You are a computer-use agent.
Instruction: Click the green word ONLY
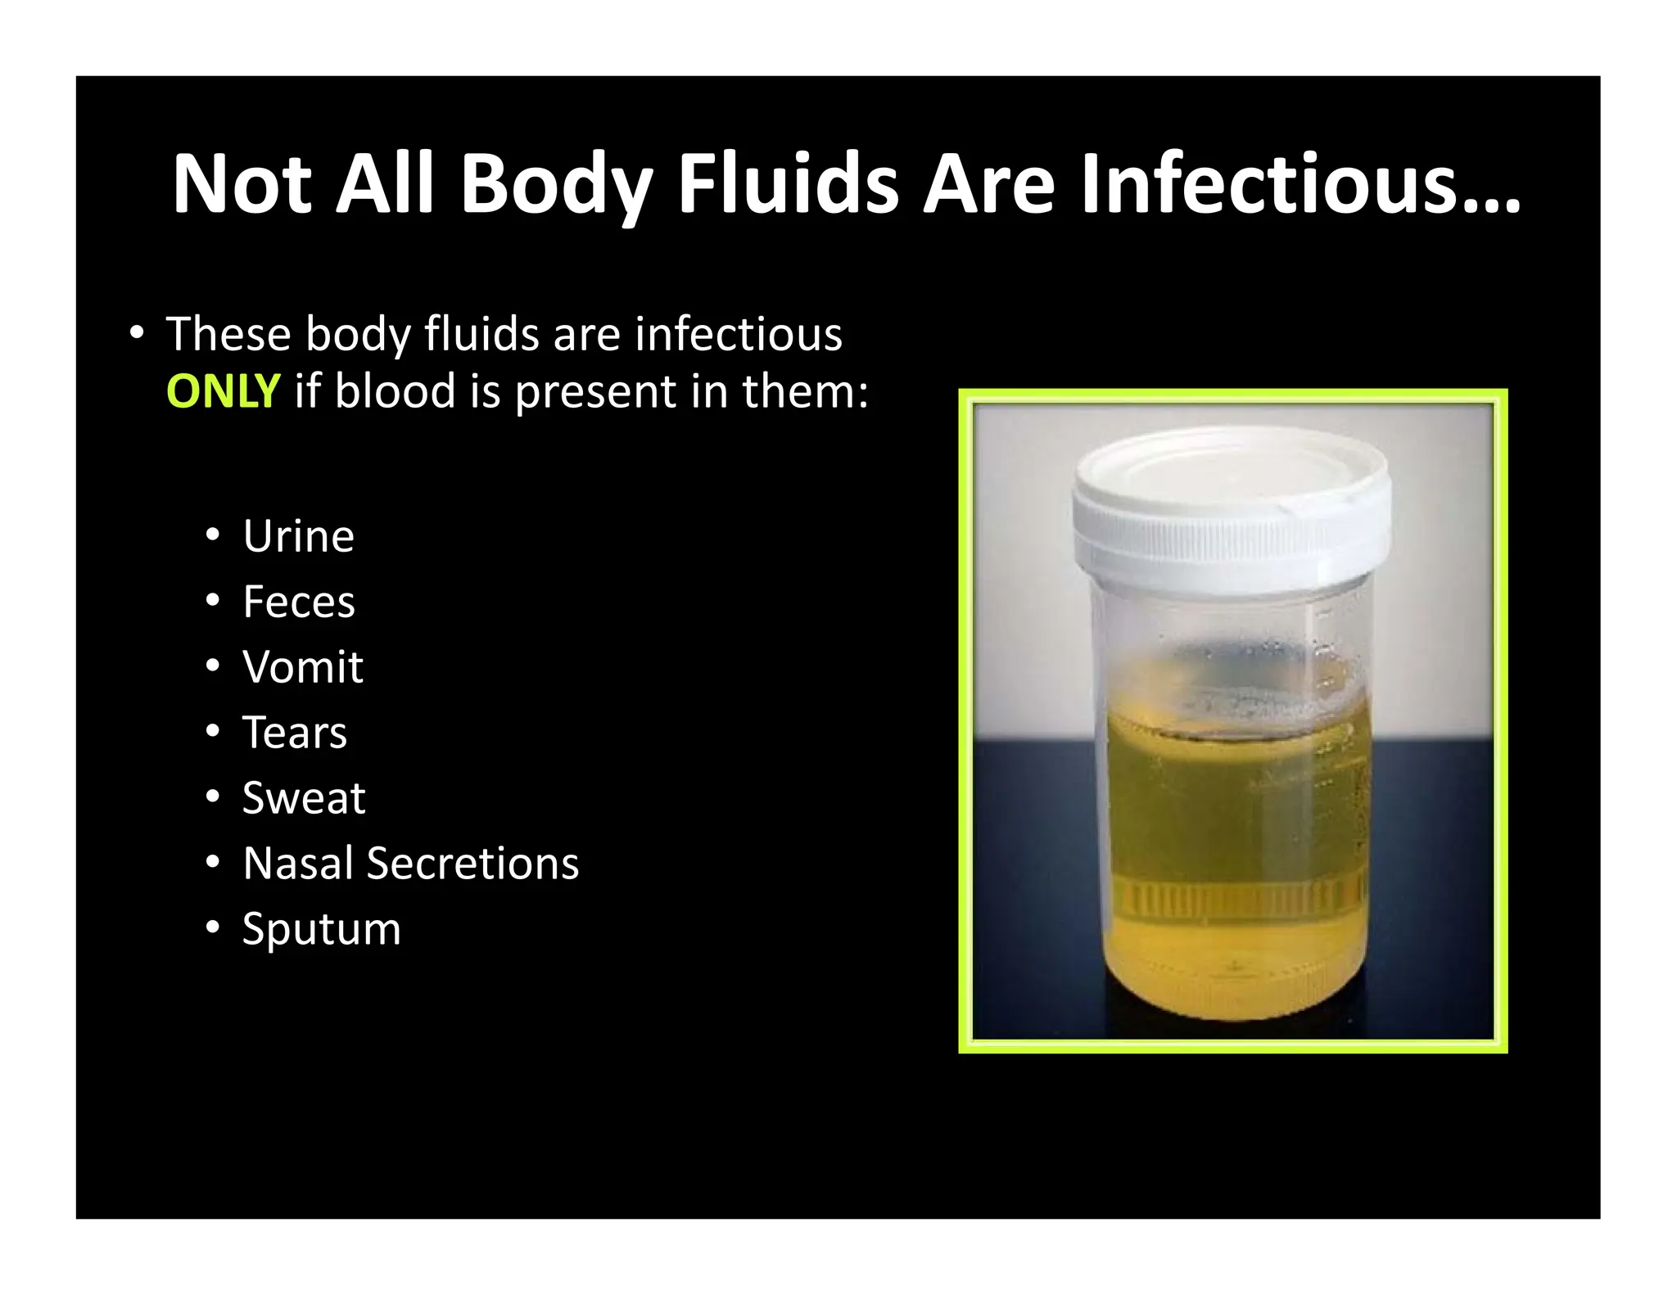(x=223, y=391)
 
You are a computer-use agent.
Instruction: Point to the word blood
(x=395, y=390)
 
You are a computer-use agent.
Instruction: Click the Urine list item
(x=298, y=536)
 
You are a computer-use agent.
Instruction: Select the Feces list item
(x=298, y=602)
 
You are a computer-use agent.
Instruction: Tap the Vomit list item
(x=302, y=666)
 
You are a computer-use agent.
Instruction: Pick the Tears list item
(x=294, y=732)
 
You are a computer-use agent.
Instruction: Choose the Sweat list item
(x=303, y=797)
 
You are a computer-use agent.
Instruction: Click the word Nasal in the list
(x=297, y=863)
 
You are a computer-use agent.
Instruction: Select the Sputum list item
(x=321, y=929)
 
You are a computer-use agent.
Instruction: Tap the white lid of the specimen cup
(x=1231, y=508)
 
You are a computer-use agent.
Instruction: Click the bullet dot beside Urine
(x=213, y=535)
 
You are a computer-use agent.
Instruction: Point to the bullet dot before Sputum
(x=213, y=927)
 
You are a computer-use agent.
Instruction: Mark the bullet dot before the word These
(x=137, y=333)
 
